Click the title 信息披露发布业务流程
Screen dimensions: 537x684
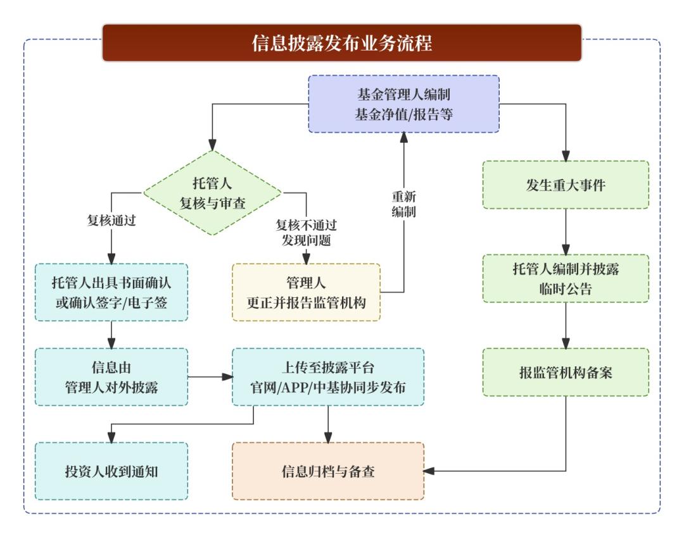point(342,43)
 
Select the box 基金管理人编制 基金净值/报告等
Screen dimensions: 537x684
point(403,104)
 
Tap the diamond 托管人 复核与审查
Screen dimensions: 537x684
point(212,194)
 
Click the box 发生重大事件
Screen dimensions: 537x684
point(566,185)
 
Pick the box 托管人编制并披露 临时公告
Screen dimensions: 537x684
point(566,278)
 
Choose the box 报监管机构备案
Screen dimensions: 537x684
point(566,372)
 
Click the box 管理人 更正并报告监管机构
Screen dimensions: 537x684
point(306,292)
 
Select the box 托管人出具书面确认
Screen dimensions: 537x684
point(111,292)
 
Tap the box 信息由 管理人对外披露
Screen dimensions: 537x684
point(111,377)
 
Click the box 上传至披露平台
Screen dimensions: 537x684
point(327,377)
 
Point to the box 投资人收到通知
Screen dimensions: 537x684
point(111,471)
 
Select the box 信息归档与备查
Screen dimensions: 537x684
point(327,471)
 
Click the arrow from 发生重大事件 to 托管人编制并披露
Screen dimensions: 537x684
point(566,231)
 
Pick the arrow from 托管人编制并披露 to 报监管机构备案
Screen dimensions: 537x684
point(566,325)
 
